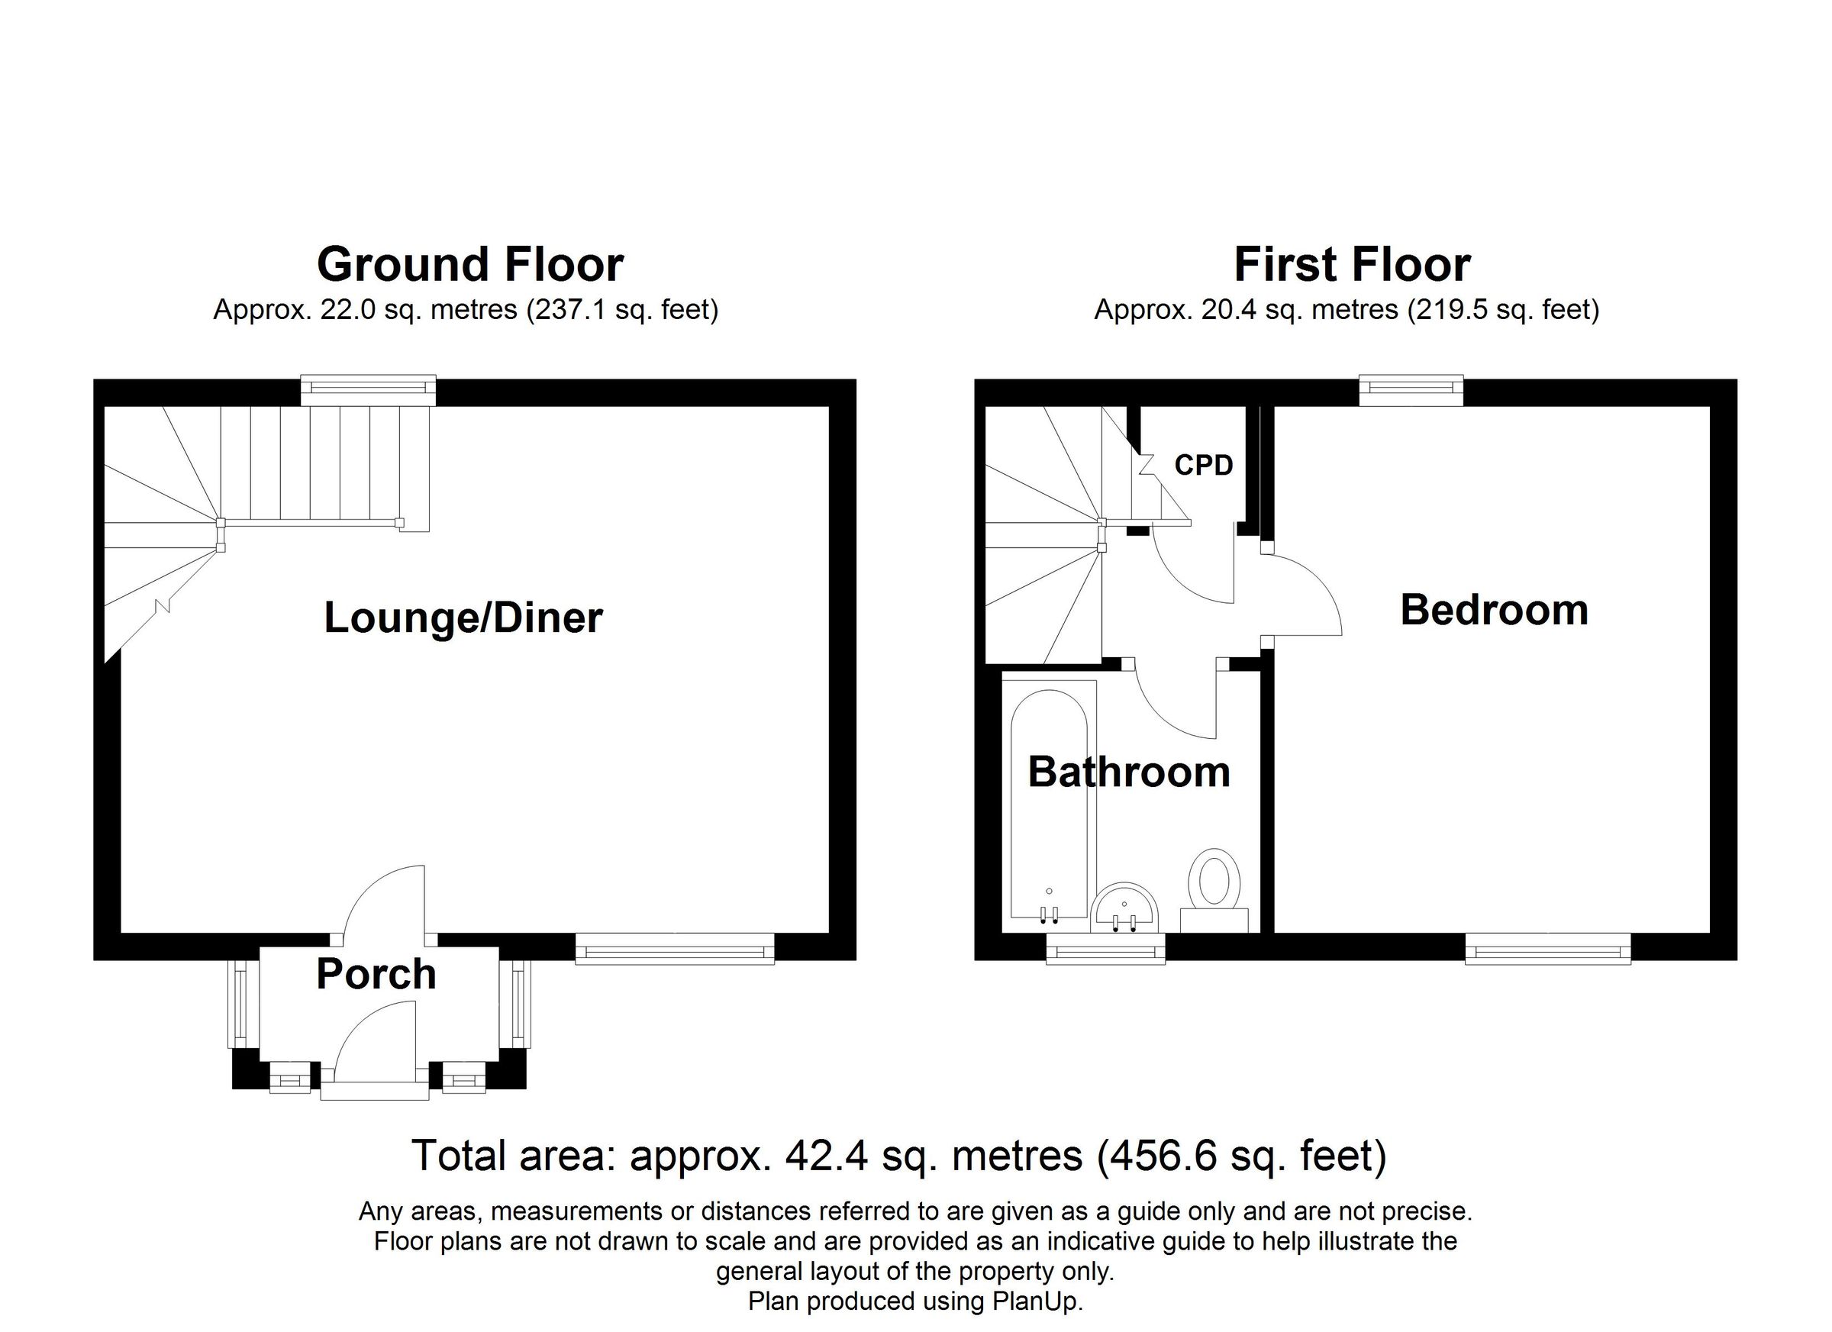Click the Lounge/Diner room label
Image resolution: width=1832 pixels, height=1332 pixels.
tap(463, 618)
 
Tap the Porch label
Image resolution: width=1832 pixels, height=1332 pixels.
tap(376, 974)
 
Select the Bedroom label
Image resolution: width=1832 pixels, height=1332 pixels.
tap(1494, 610)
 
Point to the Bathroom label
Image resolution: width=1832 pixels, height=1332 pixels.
tap(1128, 772)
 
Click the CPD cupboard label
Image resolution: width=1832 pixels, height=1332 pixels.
tap(1204, 466)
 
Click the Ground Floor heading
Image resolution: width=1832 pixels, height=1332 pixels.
tap(470, 264)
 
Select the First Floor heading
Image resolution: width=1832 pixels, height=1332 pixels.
tap(1352, 264)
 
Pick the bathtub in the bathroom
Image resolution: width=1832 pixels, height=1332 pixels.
tap(1050, 800)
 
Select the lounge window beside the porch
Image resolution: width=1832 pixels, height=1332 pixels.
tap(675, 948)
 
